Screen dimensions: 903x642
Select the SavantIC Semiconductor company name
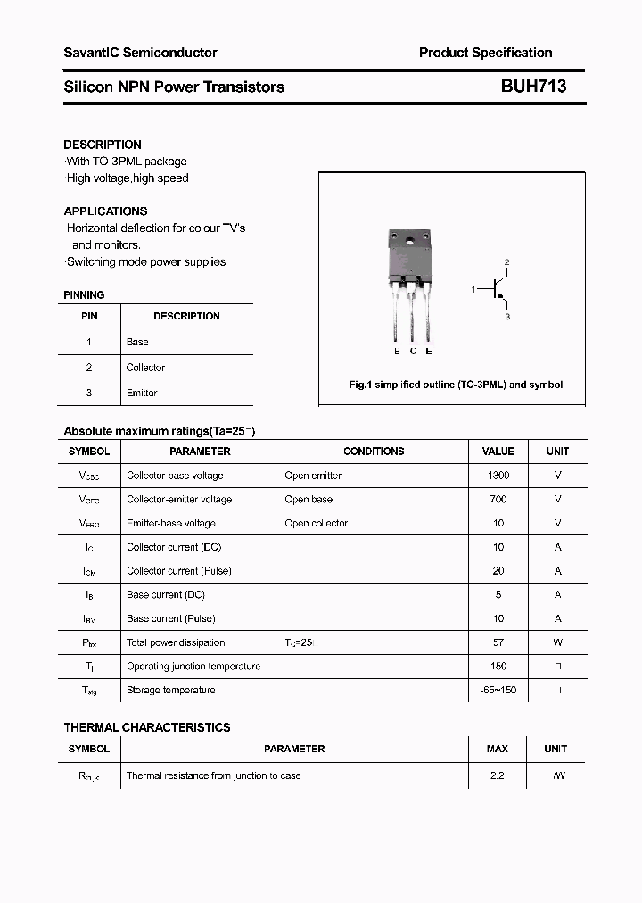140,53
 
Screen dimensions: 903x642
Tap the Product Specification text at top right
485,53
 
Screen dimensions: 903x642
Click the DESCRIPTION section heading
103,145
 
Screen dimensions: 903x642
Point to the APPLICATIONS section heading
105,211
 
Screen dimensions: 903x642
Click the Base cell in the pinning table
137,342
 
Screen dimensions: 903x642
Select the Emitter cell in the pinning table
142,393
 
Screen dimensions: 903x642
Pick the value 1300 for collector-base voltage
498,476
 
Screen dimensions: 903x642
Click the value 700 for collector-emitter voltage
498,500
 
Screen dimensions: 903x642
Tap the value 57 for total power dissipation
498,642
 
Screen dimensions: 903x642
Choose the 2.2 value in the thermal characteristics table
497,775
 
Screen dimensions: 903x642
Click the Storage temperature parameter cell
170,690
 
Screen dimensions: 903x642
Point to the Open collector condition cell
316,523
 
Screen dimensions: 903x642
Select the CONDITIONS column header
374,451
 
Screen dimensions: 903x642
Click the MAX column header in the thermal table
497,749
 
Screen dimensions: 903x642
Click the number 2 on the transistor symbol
506,262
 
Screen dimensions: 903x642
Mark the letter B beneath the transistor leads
397,351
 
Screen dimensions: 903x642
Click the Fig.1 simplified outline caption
455,385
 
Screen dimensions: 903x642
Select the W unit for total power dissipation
557,642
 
